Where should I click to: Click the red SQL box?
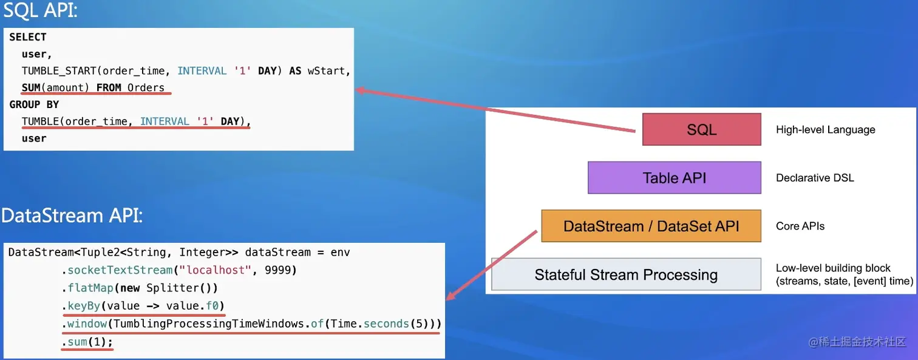(x=701, y=129)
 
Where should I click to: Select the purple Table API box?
(x=674, y=178)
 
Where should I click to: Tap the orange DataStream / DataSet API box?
(x=651, y=226)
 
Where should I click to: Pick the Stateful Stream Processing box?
(x=626, y=274)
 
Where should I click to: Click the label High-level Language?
(x=825, y=129)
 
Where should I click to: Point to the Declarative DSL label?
(x=815, y=178)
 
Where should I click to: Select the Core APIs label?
(x=800, y=226)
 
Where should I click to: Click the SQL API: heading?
(x=40, y=10)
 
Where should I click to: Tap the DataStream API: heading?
(x=72, y=216)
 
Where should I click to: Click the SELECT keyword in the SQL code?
(x=28, y=37)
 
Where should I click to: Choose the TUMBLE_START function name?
(x=59, y=71)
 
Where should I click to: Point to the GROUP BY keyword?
(x=34, y=104)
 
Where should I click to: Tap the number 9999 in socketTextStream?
(x=277, y=270)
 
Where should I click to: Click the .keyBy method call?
(x=81, y=305)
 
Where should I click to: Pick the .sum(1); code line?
(x=87, y=342)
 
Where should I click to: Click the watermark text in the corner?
(x=857, y=342)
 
